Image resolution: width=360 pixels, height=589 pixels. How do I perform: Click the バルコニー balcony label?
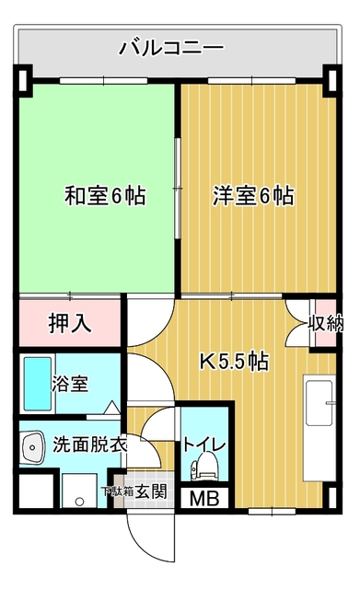(x=171, y=48)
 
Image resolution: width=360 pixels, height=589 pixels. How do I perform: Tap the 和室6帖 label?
(x=105, y=196)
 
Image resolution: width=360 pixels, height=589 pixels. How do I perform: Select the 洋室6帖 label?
(x=253, y=196)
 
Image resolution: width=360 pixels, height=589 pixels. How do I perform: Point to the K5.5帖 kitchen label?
(x=234, y=362)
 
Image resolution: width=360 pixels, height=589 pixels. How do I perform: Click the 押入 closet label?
(x=70, y=323)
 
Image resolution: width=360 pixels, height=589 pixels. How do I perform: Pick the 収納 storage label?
(x=325, y=323)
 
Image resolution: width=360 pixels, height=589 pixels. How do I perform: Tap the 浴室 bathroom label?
(x=70, y=384)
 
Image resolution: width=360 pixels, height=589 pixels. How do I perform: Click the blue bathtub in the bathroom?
(x=38, y=384)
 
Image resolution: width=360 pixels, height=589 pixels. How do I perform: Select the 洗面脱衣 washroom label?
(x=89, y=445)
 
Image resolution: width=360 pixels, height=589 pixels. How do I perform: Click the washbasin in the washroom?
(x=33, y=447)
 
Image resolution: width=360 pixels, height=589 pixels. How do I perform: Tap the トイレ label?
(x=204, y=445)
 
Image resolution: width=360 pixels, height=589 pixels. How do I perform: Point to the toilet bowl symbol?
(x=203, y=467)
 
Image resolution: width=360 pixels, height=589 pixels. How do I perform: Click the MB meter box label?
(x=204, y=499)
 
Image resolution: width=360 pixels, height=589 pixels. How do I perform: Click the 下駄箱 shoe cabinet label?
(x=118, y=491)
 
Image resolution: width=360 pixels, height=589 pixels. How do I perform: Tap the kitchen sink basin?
(x=319, y=403)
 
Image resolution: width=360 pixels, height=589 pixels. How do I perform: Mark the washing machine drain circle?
(x=79, y=501)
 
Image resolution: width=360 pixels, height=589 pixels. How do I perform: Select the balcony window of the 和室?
(x=104, y=80)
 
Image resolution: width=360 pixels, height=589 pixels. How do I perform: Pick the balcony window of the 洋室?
(x=251, y=80)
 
